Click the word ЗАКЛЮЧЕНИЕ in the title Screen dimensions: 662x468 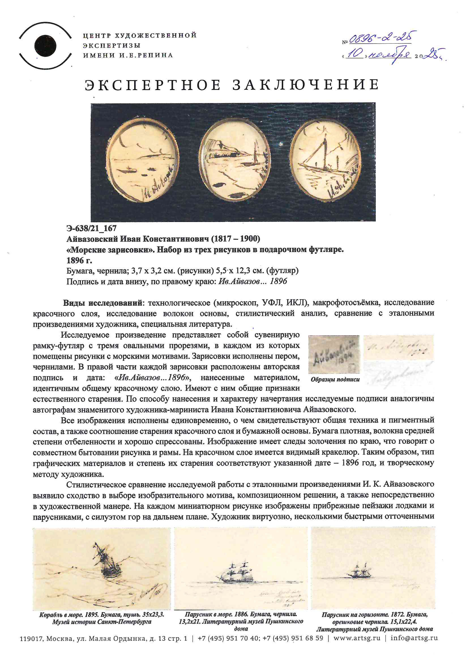coord(305,85)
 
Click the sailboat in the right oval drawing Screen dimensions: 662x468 coord(319,157)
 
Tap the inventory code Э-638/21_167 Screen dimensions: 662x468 coord(91,228)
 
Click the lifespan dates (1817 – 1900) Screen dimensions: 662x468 coord(235,239)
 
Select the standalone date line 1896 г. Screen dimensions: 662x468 coord(79,260)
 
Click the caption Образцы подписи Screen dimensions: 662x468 coord(335,379)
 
